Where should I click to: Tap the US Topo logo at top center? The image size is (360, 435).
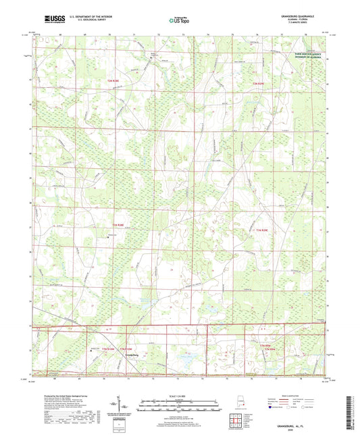(x=179, y=20)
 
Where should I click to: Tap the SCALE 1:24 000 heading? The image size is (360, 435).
(x=179, y=396)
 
